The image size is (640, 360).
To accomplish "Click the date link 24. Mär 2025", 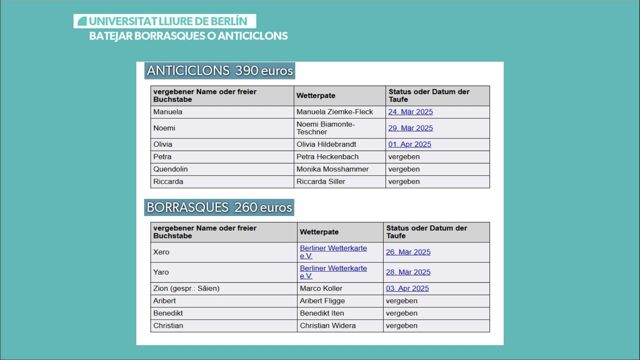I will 410,112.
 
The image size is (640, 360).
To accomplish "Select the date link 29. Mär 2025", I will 410,128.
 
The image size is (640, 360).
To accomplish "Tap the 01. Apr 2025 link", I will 410,144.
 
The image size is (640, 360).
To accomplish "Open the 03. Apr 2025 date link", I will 407,288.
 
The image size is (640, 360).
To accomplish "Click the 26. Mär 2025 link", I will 408,252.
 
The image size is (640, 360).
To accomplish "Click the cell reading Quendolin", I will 170,169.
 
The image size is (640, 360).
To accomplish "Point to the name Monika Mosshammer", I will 332,169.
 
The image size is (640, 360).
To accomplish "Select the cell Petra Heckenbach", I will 327,157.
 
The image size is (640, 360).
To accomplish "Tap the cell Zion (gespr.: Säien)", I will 186,288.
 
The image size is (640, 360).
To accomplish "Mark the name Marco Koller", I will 321,288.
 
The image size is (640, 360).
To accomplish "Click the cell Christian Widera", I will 328,326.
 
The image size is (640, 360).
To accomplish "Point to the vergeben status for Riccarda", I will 404,182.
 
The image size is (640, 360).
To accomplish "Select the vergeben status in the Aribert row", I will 402,301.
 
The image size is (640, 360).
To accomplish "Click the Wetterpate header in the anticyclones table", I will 316,96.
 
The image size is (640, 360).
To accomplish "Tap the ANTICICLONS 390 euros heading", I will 220,71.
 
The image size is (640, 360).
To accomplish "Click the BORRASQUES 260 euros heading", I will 219,208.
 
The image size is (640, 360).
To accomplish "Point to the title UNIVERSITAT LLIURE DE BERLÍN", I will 168,21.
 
